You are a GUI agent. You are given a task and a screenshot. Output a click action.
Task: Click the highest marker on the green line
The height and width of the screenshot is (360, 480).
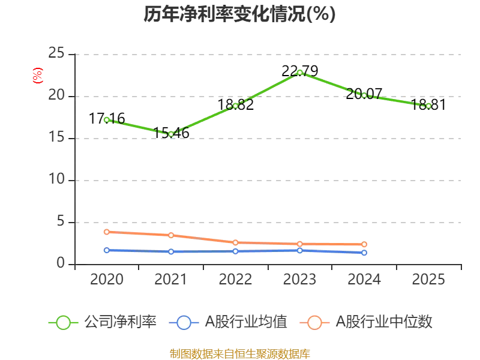point(300,73)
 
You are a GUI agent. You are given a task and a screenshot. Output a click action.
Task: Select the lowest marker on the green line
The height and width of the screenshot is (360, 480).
point(171,134)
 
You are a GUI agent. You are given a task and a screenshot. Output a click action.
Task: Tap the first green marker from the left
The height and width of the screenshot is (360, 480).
point(107,120)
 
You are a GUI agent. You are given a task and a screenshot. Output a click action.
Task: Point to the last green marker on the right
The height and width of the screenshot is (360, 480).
point(428,106)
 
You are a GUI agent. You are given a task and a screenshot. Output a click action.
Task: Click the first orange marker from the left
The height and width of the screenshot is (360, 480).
point(107,232)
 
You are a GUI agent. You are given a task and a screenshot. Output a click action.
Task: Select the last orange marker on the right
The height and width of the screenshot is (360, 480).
point(364,244)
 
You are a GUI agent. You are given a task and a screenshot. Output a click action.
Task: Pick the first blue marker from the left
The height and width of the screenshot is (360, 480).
point(107,250)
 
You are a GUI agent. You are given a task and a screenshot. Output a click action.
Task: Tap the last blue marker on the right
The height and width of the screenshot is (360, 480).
point(364,253)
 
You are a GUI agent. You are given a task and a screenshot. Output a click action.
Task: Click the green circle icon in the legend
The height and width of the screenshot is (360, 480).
point(63,323)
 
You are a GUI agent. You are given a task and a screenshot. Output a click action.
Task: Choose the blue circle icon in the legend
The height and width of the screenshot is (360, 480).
point(184,323)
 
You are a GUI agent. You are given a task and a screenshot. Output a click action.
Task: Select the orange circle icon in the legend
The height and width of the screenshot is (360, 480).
point(314,323)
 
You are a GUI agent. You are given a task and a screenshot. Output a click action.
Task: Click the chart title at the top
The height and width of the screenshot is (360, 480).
point(239,14)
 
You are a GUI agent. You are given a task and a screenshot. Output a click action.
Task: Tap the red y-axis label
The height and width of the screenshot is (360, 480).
point(37,76)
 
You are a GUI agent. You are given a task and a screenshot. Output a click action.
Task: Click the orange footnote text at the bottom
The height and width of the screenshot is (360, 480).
point(239,353)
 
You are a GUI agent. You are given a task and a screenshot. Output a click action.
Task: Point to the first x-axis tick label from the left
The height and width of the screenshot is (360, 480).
point(106,280)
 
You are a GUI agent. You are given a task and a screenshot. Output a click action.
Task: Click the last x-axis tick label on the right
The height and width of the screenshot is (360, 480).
point(427,280)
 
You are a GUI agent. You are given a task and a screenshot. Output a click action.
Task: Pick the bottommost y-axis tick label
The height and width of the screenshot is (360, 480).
point(59,261)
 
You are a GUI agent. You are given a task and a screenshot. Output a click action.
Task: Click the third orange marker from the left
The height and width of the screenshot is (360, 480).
point(235,242)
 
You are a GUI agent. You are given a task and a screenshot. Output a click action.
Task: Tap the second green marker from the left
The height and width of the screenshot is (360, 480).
point(171,134)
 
